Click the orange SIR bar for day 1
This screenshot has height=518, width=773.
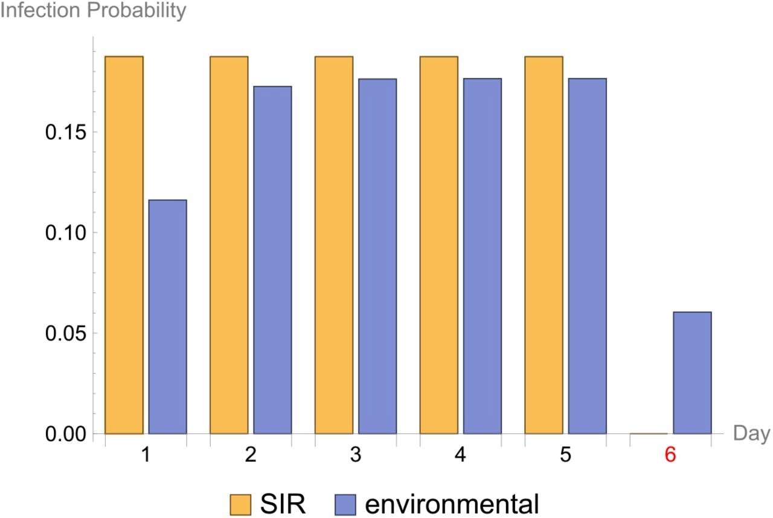click(x=124, y=245)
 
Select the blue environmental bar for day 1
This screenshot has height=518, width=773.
click(x=167, y=316)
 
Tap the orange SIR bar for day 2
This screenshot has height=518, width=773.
click(x=229, y=245)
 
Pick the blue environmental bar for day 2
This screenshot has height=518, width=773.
click(x=272, y=260)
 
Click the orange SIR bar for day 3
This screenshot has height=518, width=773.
click(x=334, y=245)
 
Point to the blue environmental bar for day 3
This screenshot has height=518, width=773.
click(x=377, y=256)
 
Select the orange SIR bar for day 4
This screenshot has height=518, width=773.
click(x=439, y=245)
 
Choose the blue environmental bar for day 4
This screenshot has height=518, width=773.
click(x=482, y=256)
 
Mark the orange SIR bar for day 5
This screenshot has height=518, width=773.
click(x=544, y=245)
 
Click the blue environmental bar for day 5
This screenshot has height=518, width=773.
click(x=587, y=256)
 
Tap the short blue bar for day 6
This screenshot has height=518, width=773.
click(x=692, y=373)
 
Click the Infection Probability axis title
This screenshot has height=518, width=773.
click(x=94, y=11)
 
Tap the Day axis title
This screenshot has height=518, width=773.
click(x=751, y=433)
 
